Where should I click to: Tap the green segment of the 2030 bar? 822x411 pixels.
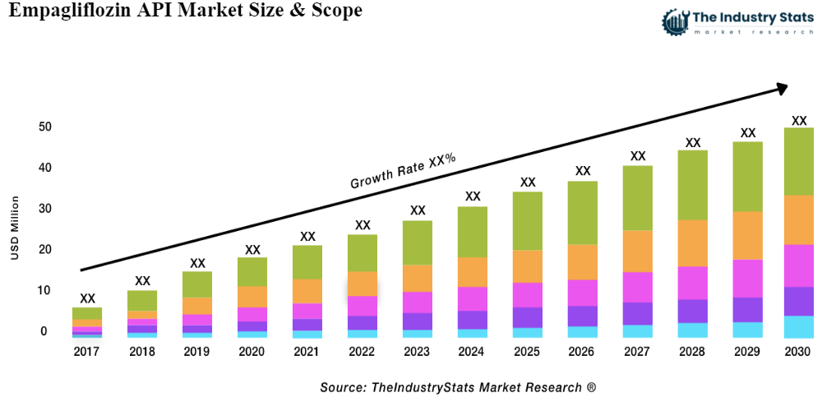798,161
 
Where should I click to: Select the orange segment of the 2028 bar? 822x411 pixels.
693,243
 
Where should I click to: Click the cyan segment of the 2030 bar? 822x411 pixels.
798,326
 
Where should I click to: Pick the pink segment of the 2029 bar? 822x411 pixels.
747,278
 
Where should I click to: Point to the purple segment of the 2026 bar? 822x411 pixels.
583,316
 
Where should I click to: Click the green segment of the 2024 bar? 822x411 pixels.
473,232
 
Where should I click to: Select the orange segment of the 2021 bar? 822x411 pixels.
307,291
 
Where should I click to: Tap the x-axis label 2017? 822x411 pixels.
87,352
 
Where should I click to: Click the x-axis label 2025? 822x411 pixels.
527,352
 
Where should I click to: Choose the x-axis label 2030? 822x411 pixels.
798,352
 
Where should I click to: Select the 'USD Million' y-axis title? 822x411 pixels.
15,228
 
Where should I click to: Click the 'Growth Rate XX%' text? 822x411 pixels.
403,170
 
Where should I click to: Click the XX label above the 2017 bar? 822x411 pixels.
87,298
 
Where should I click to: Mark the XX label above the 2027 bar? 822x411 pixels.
638,155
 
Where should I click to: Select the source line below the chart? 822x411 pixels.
458,386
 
